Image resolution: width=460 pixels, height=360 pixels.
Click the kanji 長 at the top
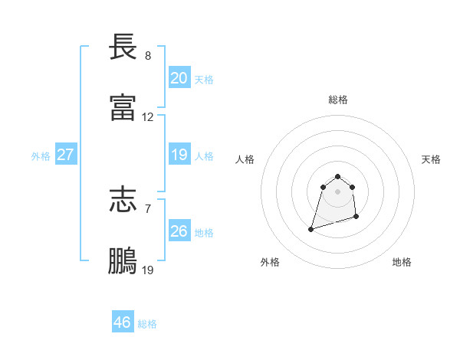(x=123, y=47)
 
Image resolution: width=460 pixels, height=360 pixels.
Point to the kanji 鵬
(x=123, y=261)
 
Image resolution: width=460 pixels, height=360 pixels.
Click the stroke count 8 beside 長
(x=148, y=56)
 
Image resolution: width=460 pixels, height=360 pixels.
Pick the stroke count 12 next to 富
(x=148, y=117)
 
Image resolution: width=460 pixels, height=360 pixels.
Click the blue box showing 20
(x=179, y=78)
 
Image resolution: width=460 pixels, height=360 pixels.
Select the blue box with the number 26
(x=179, y=231)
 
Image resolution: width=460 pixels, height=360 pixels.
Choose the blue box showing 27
(x=65, y=155)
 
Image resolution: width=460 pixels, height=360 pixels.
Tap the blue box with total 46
(x=123, y=322)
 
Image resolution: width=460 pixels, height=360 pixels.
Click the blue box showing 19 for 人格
(x=179, y=155)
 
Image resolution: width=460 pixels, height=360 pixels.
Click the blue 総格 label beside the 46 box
(x=147, y=324)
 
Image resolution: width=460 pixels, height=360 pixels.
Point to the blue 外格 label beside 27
(x=41, y=156)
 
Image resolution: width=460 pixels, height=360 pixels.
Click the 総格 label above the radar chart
(x=338, y=100)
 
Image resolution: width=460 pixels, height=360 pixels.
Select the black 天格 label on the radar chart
(x=432, y=159)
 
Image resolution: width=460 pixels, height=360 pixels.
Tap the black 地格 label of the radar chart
(x=402, y=262)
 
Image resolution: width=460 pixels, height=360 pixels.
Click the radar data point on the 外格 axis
(x=311, y=228)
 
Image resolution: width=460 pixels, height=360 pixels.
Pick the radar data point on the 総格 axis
(x=337, y=176)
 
